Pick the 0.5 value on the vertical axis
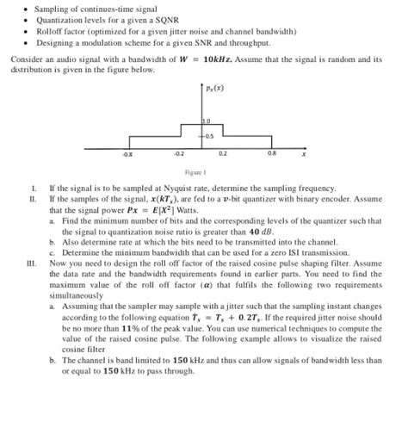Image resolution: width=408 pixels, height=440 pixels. (x=208, y=136)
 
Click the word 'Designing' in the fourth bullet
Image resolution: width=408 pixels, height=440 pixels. (x=53, y=41)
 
